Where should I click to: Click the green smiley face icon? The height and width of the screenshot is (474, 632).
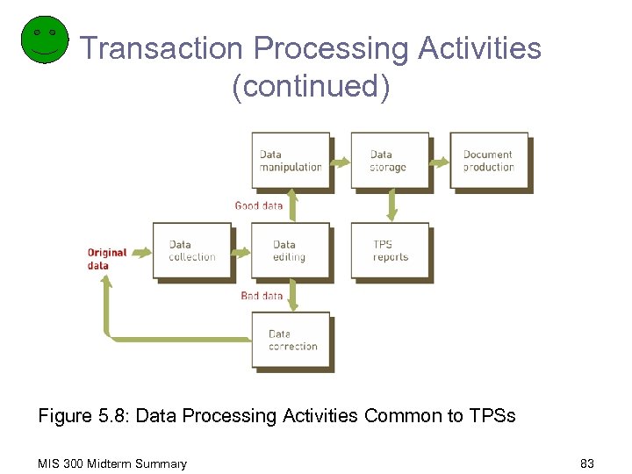click(x=44, y=39)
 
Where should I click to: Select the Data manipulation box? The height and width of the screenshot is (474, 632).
click(x=291, y=161)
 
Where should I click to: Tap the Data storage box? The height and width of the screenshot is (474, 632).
click(x=390, y=161)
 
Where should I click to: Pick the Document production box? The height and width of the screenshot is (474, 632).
click(x=489, y=161)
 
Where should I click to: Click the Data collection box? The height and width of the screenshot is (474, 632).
click(x=192, y=251)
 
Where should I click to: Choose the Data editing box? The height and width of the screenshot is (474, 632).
click(x=291, y=251)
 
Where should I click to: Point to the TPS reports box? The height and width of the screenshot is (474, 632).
click(x=390, y=251)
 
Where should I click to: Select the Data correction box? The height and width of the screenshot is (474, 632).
click(x=291, y=341)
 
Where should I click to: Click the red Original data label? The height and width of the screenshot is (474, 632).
click(x=107, y=259)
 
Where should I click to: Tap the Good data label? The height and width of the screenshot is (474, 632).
click(x=259, y=205)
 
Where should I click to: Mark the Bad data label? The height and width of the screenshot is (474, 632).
click(x=262, y=296)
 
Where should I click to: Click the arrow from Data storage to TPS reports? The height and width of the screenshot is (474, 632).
click(x=391, y=205)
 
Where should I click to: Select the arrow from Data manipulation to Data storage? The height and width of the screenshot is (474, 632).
click(x=341, y=160)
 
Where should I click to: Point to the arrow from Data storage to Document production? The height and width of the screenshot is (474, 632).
click(x=441, y=160)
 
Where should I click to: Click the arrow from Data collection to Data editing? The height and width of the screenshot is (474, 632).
click(x=242, y=250)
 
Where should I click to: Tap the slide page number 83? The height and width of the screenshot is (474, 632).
click(x=587, y=463)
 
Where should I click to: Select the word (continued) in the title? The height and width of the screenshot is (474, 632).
click(x=311, y=87)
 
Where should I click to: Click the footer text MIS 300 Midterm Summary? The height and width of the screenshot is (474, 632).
click(x=112, y=463)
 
